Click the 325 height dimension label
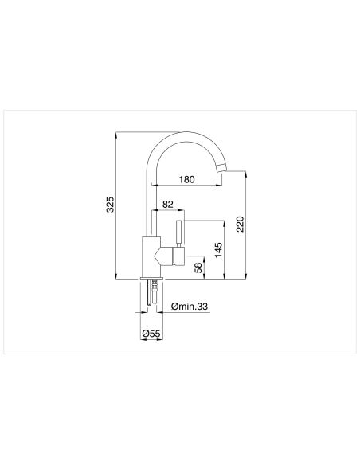click(110, 204)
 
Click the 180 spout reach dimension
click(187, 179)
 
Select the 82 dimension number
click(168, 205)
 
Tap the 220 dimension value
click(240, 224)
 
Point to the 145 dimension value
click(218, 250)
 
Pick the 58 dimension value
click(198, 268)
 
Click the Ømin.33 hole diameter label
click(190, 307)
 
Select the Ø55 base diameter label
click(151, 334)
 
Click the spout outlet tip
click(221, 168)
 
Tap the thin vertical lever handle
click(179, 233)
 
